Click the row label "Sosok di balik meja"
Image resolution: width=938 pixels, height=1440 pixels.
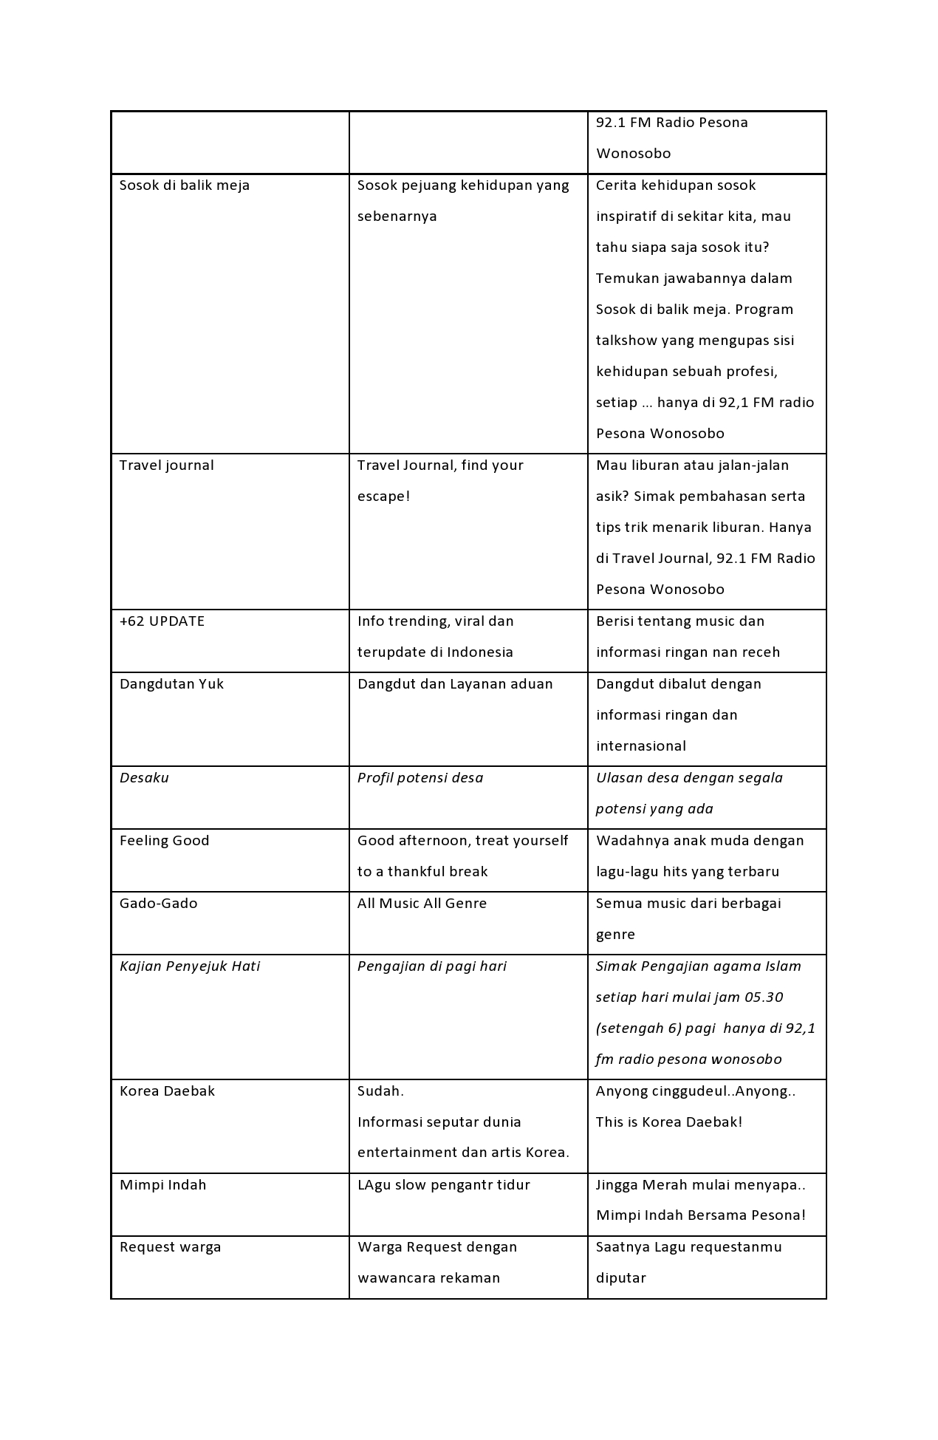point(185,185)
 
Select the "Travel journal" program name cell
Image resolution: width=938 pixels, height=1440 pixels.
point(166,465)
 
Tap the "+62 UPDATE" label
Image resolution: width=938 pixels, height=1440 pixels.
point(162,621)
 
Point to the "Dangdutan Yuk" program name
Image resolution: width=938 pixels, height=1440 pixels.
point(171,684)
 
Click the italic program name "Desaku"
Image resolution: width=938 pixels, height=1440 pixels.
point(144,778)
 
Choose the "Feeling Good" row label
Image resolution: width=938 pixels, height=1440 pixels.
point(164,841)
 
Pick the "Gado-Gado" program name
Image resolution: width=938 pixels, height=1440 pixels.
point(158,904)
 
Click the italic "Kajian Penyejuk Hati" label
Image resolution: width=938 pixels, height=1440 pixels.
point(190,966)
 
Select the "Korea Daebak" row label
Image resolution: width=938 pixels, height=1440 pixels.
point(167,1091)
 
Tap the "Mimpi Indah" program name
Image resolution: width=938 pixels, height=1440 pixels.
point(162,1185)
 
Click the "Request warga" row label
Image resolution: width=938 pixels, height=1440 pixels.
point(170,1247)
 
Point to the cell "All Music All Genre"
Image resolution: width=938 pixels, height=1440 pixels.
point(422,904)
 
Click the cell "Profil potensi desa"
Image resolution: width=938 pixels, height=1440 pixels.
point(420,778)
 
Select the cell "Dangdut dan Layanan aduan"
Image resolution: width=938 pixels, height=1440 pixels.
point(455,684)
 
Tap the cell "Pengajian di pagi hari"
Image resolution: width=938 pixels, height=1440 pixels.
point(432,966)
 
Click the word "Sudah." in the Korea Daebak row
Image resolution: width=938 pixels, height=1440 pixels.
point(380,1091)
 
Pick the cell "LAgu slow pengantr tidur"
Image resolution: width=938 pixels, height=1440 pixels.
point(443,1185)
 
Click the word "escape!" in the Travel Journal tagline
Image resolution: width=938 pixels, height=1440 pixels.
point(383,497)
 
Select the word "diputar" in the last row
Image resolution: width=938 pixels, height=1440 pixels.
point(620,1278)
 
